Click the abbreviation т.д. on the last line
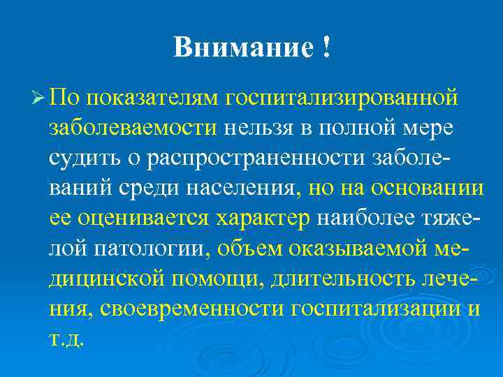tap(66, 339)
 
